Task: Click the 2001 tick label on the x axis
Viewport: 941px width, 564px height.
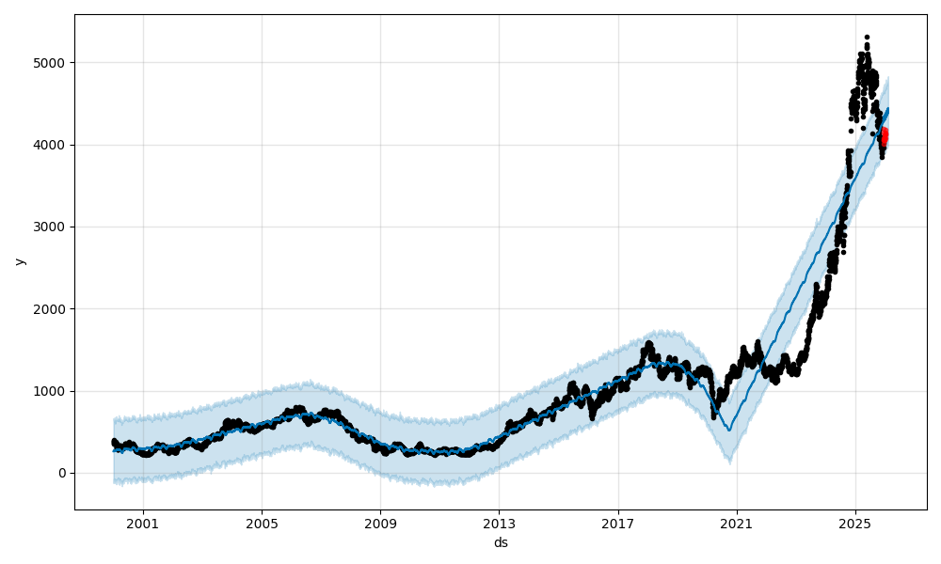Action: pyautogui.click(x=143, y=524)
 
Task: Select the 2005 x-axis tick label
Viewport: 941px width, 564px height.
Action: pyautogui.click(x=262, y=524)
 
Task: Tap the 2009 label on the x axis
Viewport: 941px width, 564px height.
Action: pyautogui.click(x=380, y=524)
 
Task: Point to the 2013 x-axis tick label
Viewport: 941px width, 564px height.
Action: pyautogui.click(x=499, y=524)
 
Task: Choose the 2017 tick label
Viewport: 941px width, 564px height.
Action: pyautogui.click(x=618, y=524)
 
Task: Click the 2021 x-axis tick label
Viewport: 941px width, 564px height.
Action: pyautogui.click(x=737, y=524)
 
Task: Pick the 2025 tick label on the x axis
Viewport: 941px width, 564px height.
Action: pyautogui.click(x=855, y=524)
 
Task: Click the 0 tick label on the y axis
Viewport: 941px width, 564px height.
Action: pyautogui.click(x=61, y=473)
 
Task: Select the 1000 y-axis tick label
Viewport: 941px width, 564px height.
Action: pyautogui.click(x=51, y=391)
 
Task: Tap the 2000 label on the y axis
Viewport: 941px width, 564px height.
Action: pyautogui.click(x=51, y=309)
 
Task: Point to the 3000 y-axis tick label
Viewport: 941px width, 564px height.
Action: pyautogui.click(x=51, y=227)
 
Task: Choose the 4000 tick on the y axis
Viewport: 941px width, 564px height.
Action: pyautogui.click(x=51, y=145)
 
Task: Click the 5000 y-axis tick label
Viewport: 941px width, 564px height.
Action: pyautogui.click(x=51, y=63)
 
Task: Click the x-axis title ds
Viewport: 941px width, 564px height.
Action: pyautogui.click(x=501, y=542)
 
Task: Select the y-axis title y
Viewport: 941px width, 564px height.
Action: pyautogui.click(x=19, y=261)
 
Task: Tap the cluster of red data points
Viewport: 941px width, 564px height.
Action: pyautogui.click(x=884, y=136)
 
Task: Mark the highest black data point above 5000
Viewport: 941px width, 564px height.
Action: pyautogui.click(x=867, y=37)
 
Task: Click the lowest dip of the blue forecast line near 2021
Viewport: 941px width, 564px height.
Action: pyautogui.click(x=729, y=430)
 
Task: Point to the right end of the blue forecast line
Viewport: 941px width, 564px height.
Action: pyautogui.click(x=888, y=109)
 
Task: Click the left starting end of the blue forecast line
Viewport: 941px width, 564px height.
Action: pyautogui.click(x=114, y=451)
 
